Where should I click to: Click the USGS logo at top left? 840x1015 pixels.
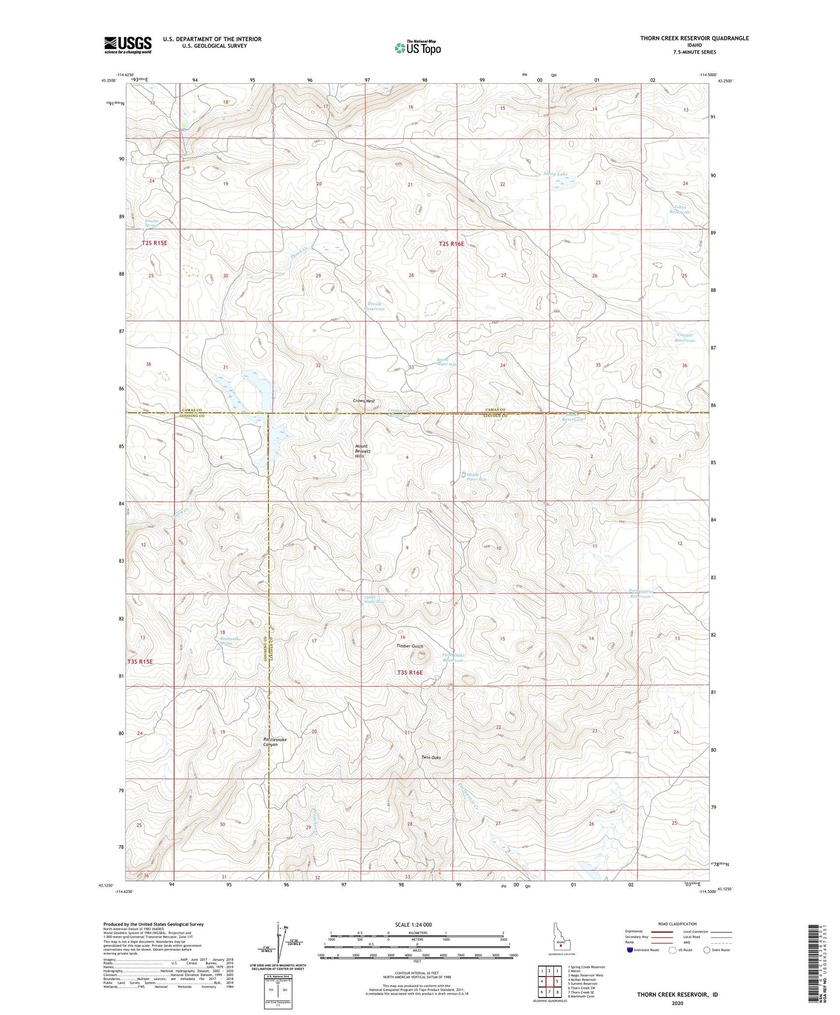coord(127,45)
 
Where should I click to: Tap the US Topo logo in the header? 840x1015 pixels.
coord(417,48)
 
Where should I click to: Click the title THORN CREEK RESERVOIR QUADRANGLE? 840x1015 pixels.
coord(694,38)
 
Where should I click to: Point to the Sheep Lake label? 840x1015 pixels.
coord(555,174)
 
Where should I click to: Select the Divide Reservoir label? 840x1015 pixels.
coord(374,306)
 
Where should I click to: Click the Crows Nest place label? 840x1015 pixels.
coord(364,401)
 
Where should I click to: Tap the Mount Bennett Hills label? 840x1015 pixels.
coord(363,452)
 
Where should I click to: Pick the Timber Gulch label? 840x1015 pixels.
coord(410,646)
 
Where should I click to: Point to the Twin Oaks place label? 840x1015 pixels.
coord(431,757)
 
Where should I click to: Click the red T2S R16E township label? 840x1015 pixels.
coord(452,244)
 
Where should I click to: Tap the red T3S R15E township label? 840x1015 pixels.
coord(140,662)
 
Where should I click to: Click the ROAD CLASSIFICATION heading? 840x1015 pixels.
coord(678,924)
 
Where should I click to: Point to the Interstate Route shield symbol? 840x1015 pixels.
coord(631,950)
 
